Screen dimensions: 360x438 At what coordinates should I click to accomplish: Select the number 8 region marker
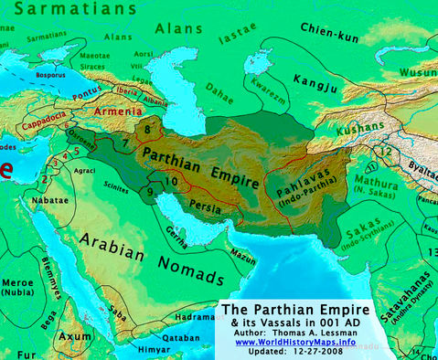coord(146,132)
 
